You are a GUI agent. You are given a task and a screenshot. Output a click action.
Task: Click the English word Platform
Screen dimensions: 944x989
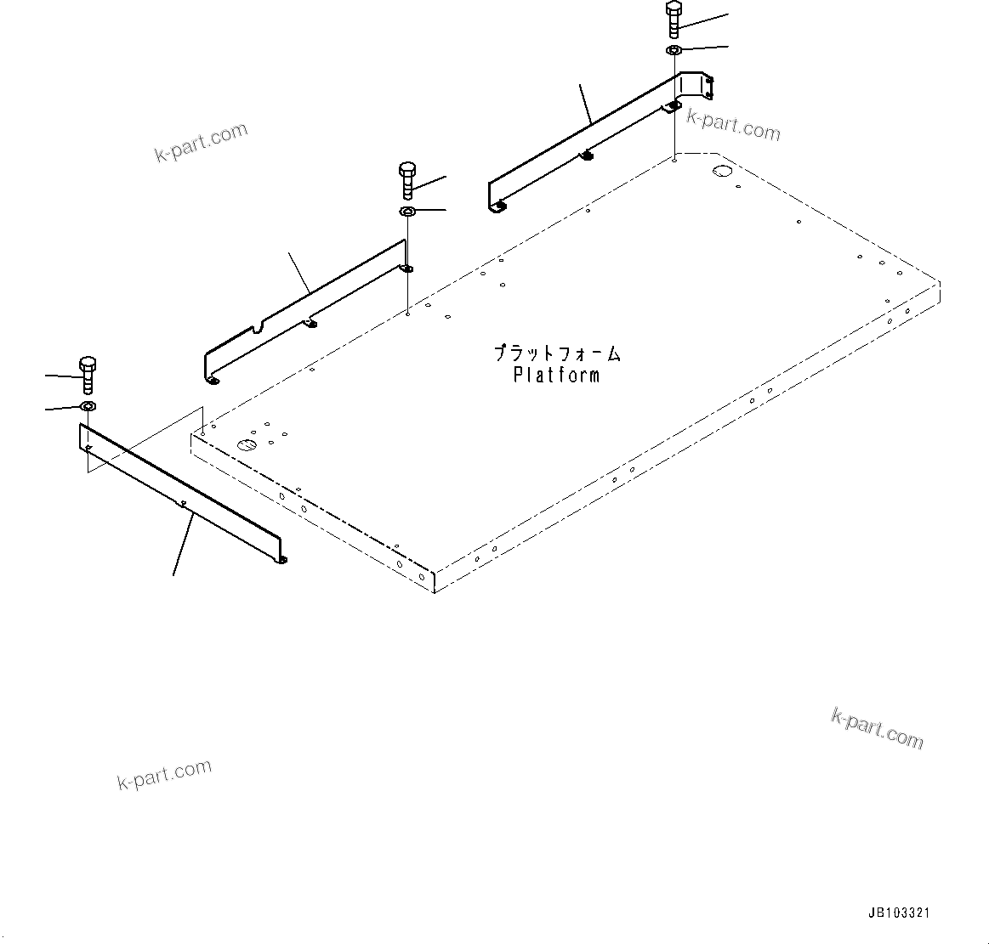coord(556,375)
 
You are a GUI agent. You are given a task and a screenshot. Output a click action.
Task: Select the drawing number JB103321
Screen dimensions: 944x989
coord(899,913)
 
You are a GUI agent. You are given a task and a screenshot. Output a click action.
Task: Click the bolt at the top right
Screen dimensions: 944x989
coord(673,20)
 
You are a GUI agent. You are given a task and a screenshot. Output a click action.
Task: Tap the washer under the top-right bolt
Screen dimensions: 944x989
coord(673,51)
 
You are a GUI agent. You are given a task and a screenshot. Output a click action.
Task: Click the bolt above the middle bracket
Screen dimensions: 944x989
coord(406,179)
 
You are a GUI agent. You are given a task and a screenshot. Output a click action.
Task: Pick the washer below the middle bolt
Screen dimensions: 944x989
coord(406,211)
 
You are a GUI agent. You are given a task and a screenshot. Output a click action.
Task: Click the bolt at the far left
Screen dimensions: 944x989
coord(88,376)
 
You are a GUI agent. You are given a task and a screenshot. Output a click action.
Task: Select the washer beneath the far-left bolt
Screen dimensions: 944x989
coord(88,407)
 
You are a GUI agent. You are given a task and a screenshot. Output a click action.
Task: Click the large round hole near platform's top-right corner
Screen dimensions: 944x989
coord(721,172)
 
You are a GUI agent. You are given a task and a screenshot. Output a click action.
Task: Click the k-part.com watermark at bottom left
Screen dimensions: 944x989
coord(164,774)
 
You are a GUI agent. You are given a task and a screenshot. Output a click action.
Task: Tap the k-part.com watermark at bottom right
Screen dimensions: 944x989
coord(877,729)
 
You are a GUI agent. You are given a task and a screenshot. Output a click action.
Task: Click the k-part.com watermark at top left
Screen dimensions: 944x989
coord(202,141)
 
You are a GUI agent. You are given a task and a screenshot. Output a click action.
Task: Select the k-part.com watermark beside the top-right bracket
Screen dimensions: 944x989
coord(733,126)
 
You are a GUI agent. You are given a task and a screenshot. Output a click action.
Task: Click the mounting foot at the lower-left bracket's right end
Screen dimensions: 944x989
coord(281,558)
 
